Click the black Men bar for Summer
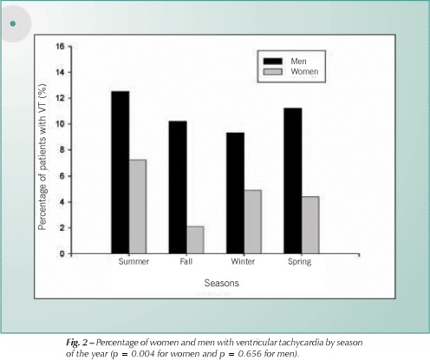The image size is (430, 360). tap(121, 173)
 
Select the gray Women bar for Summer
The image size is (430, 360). tap(138, 206)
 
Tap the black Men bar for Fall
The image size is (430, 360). tap(178, 187)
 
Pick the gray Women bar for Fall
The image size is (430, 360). tap(195, 240)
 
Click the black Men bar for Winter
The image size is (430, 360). tap(235, 193)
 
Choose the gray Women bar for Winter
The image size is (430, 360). tap(253, 222)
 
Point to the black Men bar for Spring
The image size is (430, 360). tap(293, 180)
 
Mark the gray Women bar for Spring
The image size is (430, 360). tap(310, 225)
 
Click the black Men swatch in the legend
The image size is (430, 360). tap(273, 62)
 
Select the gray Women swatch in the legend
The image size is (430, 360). tap(273, 71)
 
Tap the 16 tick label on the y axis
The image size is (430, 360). tap(60, 46)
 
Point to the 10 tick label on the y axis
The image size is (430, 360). tap(60, 124)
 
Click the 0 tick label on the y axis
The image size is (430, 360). tap(62, 253)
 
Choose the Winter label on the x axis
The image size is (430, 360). tap(243, 261)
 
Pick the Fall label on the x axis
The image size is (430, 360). tap(186, 261)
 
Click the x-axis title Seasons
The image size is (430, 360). tap(222, 283)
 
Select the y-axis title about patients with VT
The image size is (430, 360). tap(42, 157)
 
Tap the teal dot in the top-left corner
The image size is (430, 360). tap(13, 23)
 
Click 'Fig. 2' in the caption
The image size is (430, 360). tap(76, 343)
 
